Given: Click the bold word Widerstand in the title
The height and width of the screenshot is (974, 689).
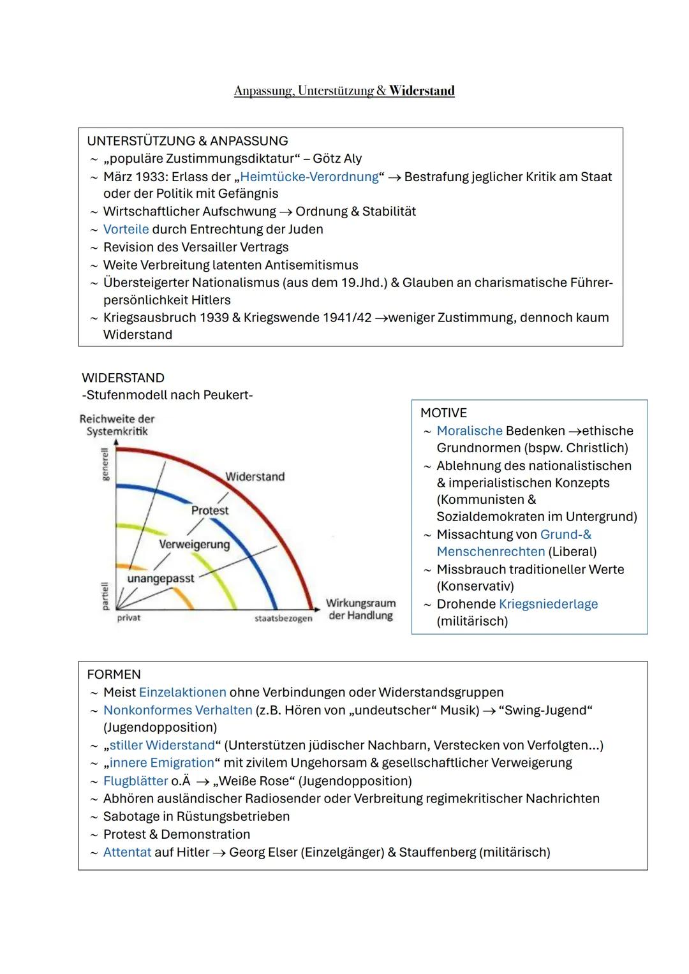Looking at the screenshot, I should pyautogui.click(x=422, y=91).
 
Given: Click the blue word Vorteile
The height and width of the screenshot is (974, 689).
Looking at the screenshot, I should pyautogui.click(x=126, y=229).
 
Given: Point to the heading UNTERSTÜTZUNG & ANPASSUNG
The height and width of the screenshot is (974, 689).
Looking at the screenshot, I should pyautogui.click(x=187, y=140).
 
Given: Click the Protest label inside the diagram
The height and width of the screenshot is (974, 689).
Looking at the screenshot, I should pyautogui.click(x=209, y=510).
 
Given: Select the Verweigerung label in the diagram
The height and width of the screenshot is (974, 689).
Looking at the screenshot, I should pyautogui.click(x=194, y=544).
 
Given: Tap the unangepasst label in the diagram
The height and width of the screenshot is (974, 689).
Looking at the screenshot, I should pyautogui.click(x=160, y=578).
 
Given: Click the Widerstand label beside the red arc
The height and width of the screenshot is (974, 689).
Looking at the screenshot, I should pyautogui.click(x=255, y=476).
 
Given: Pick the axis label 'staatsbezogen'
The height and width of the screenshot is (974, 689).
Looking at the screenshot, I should pyautogui.click(x=283, y=618).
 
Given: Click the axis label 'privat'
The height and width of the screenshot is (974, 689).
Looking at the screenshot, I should pyautogui.click(x=128, y=617).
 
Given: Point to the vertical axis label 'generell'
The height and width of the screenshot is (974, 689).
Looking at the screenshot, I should pyautogui.click(x=105, y=464).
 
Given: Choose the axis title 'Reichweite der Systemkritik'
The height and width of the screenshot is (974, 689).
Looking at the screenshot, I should pyautogui.click(x=117, y=425).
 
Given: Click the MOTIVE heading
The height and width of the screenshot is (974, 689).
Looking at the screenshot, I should pyautogui.click(x=443, y=413).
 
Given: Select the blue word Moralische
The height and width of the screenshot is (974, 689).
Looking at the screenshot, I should pyautogui.click(x=469, y=431).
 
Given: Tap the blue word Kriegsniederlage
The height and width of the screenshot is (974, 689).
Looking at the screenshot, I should pyautogui.click(x=548, y=603).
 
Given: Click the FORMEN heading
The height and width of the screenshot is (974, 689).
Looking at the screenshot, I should pyautogui.click(x=114, y=674).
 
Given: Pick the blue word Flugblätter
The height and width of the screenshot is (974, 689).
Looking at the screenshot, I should pyautogui.click(x=135, y=781).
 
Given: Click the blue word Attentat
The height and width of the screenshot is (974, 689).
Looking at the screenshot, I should pyautogui.click(x=127, y=852).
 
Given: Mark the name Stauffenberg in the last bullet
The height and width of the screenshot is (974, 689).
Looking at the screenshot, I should pyautogui.click(x=437, y=852).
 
